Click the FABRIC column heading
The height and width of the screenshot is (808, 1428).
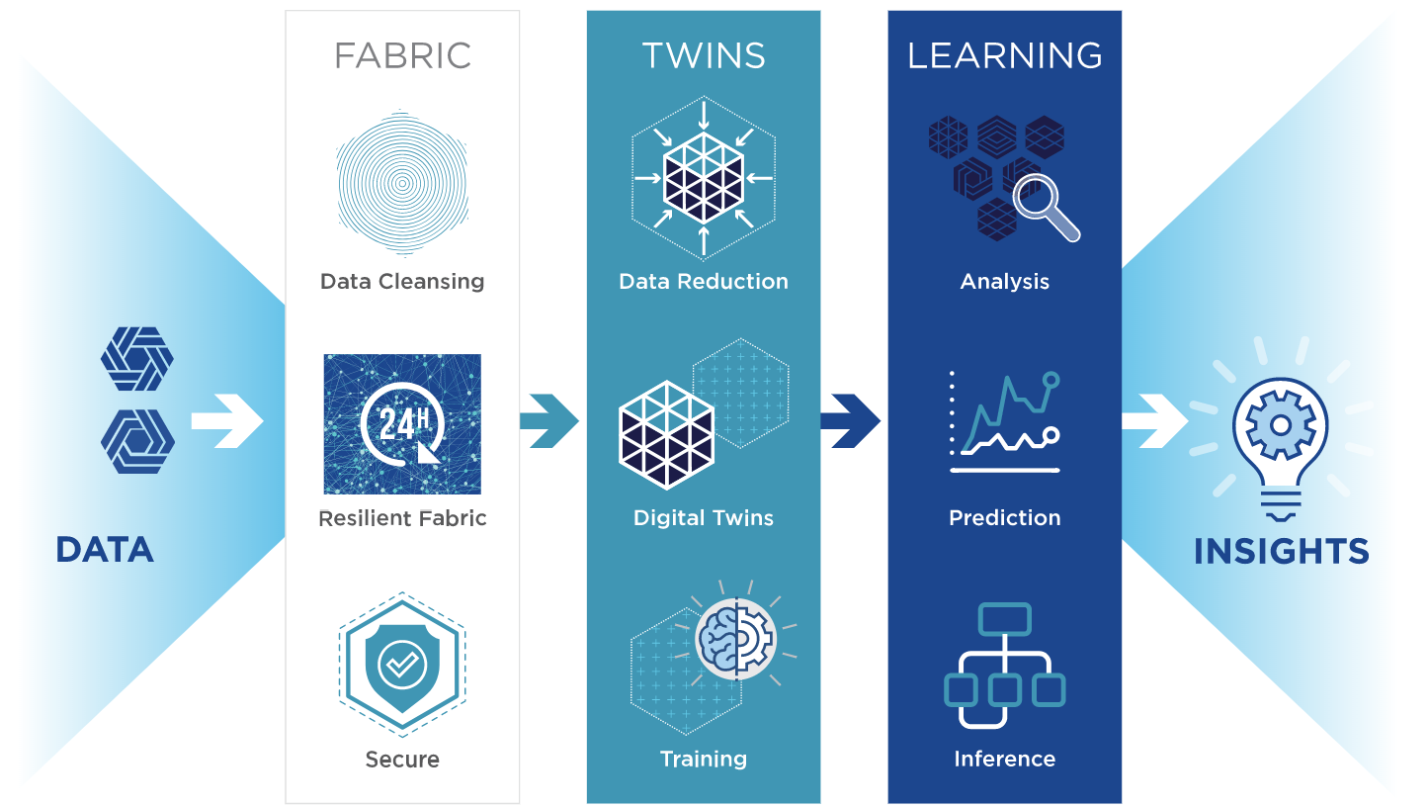point(402,55)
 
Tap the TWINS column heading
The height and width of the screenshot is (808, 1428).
point(704,55)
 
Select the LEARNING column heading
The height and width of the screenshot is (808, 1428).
point(1005,55)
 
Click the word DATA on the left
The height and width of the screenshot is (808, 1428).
point(105,550)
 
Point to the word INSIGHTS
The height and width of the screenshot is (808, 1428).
point(1282,551)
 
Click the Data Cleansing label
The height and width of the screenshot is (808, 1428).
point(402,282)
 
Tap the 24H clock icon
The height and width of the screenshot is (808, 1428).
point(402,424)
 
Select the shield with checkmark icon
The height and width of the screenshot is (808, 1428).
point(402,665)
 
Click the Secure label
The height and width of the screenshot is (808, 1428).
point(402,759)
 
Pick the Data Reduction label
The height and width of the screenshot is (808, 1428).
point(704,282)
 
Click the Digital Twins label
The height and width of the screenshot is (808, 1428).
point(704,517)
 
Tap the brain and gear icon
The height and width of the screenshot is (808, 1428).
point(736,638)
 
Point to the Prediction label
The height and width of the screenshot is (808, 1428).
point(1005,517)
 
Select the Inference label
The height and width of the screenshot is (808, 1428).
point(1005,759)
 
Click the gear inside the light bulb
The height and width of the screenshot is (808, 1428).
point(1281,425)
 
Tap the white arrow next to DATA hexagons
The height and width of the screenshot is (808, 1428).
point(227,420)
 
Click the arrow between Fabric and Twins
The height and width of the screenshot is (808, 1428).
point(548,420)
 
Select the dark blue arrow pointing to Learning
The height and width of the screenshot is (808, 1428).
point(851,420)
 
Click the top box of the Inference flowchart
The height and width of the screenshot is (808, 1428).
point(1005,619)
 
